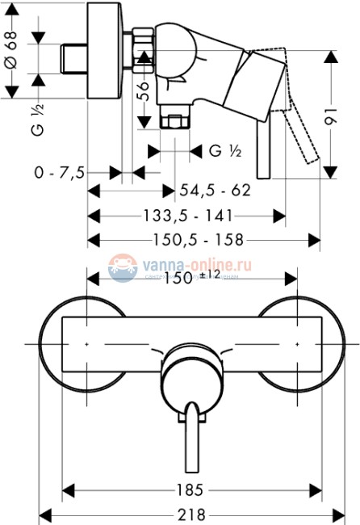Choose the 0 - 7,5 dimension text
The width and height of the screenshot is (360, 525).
(60, 171)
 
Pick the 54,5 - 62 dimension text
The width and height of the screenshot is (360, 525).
(214, 191)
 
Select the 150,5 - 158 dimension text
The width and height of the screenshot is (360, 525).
(199, 240)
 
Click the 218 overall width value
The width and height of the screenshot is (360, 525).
(191, 514)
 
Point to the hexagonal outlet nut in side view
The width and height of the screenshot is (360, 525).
(174, 122)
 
